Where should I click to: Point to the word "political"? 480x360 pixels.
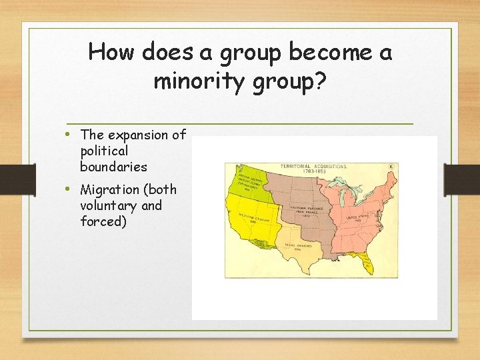(104, 151)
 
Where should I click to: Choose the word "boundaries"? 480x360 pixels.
(113, 166)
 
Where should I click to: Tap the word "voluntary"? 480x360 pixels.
(108, 205)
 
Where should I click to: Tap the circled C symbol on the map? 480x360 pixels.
(391, 166)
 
